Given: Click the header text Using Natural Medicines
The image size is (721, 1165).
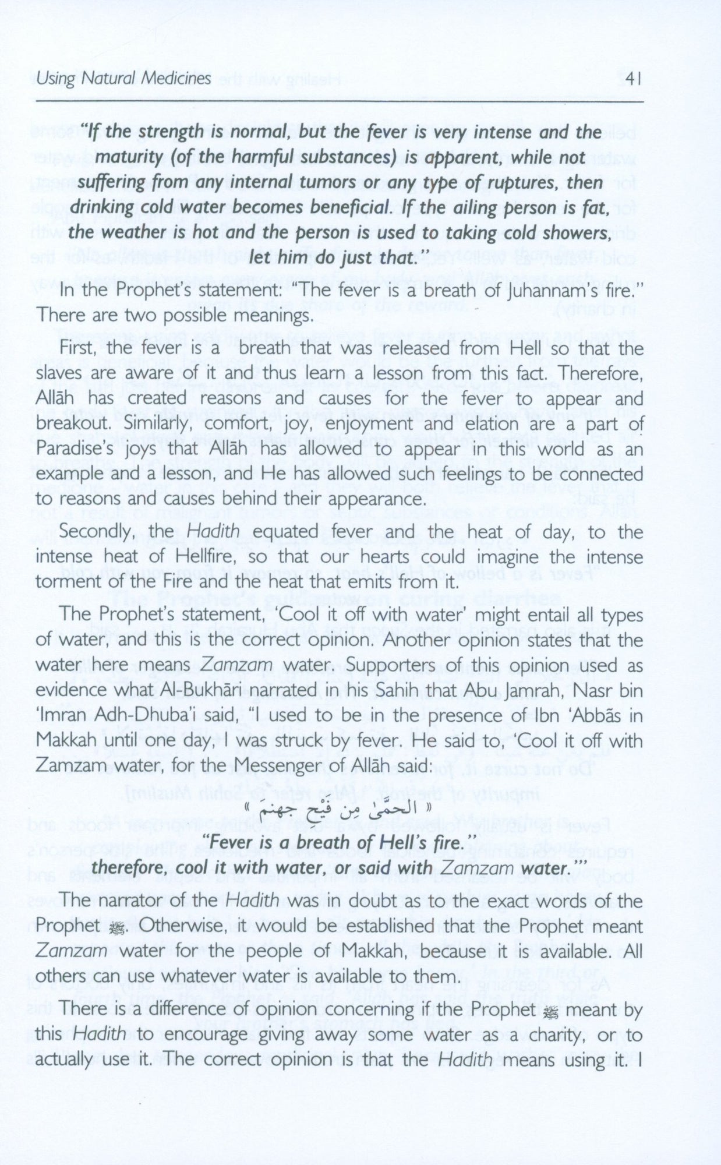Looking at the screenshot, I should coord(123,78).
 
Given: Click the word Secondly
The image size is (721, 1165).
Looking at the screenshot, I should coord(96,531).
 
